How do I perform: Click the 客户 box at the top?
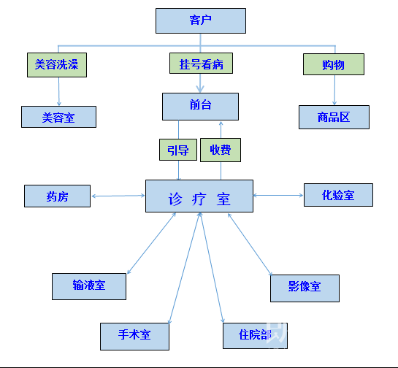point(201,20)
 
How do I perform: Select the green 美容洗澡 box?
point(57,65)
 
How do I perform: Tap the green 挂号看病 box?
point(201,64)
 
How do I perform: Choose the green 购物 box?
point(334,64)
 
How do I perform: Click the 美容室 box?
point(58,117)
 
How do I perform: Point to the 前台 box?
point(200,107)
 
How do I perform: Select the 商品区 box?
point(334,117)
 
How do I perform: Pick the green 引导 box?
point(178,150)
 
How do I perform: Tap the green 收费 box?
point(221,150)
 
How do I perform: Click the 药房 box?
point(57,196)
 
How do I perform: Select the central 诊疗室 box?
point(199,196)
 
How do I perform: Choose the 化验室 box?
point(338,195)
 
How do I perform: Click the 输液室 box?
point(89,286)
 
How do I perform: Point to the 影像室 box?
point(305,288)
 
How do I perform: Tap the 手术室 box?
point(134,337)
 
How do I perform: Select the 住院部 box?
point(255,336)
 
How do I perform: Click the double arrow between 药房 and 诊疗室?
point(118,196)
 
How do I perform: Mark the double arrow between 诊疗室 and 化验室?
point(278,195)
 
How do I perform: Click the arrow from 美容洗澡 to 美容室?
point(59,91)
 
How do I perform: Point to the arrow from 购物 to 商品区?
point(334,90)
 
